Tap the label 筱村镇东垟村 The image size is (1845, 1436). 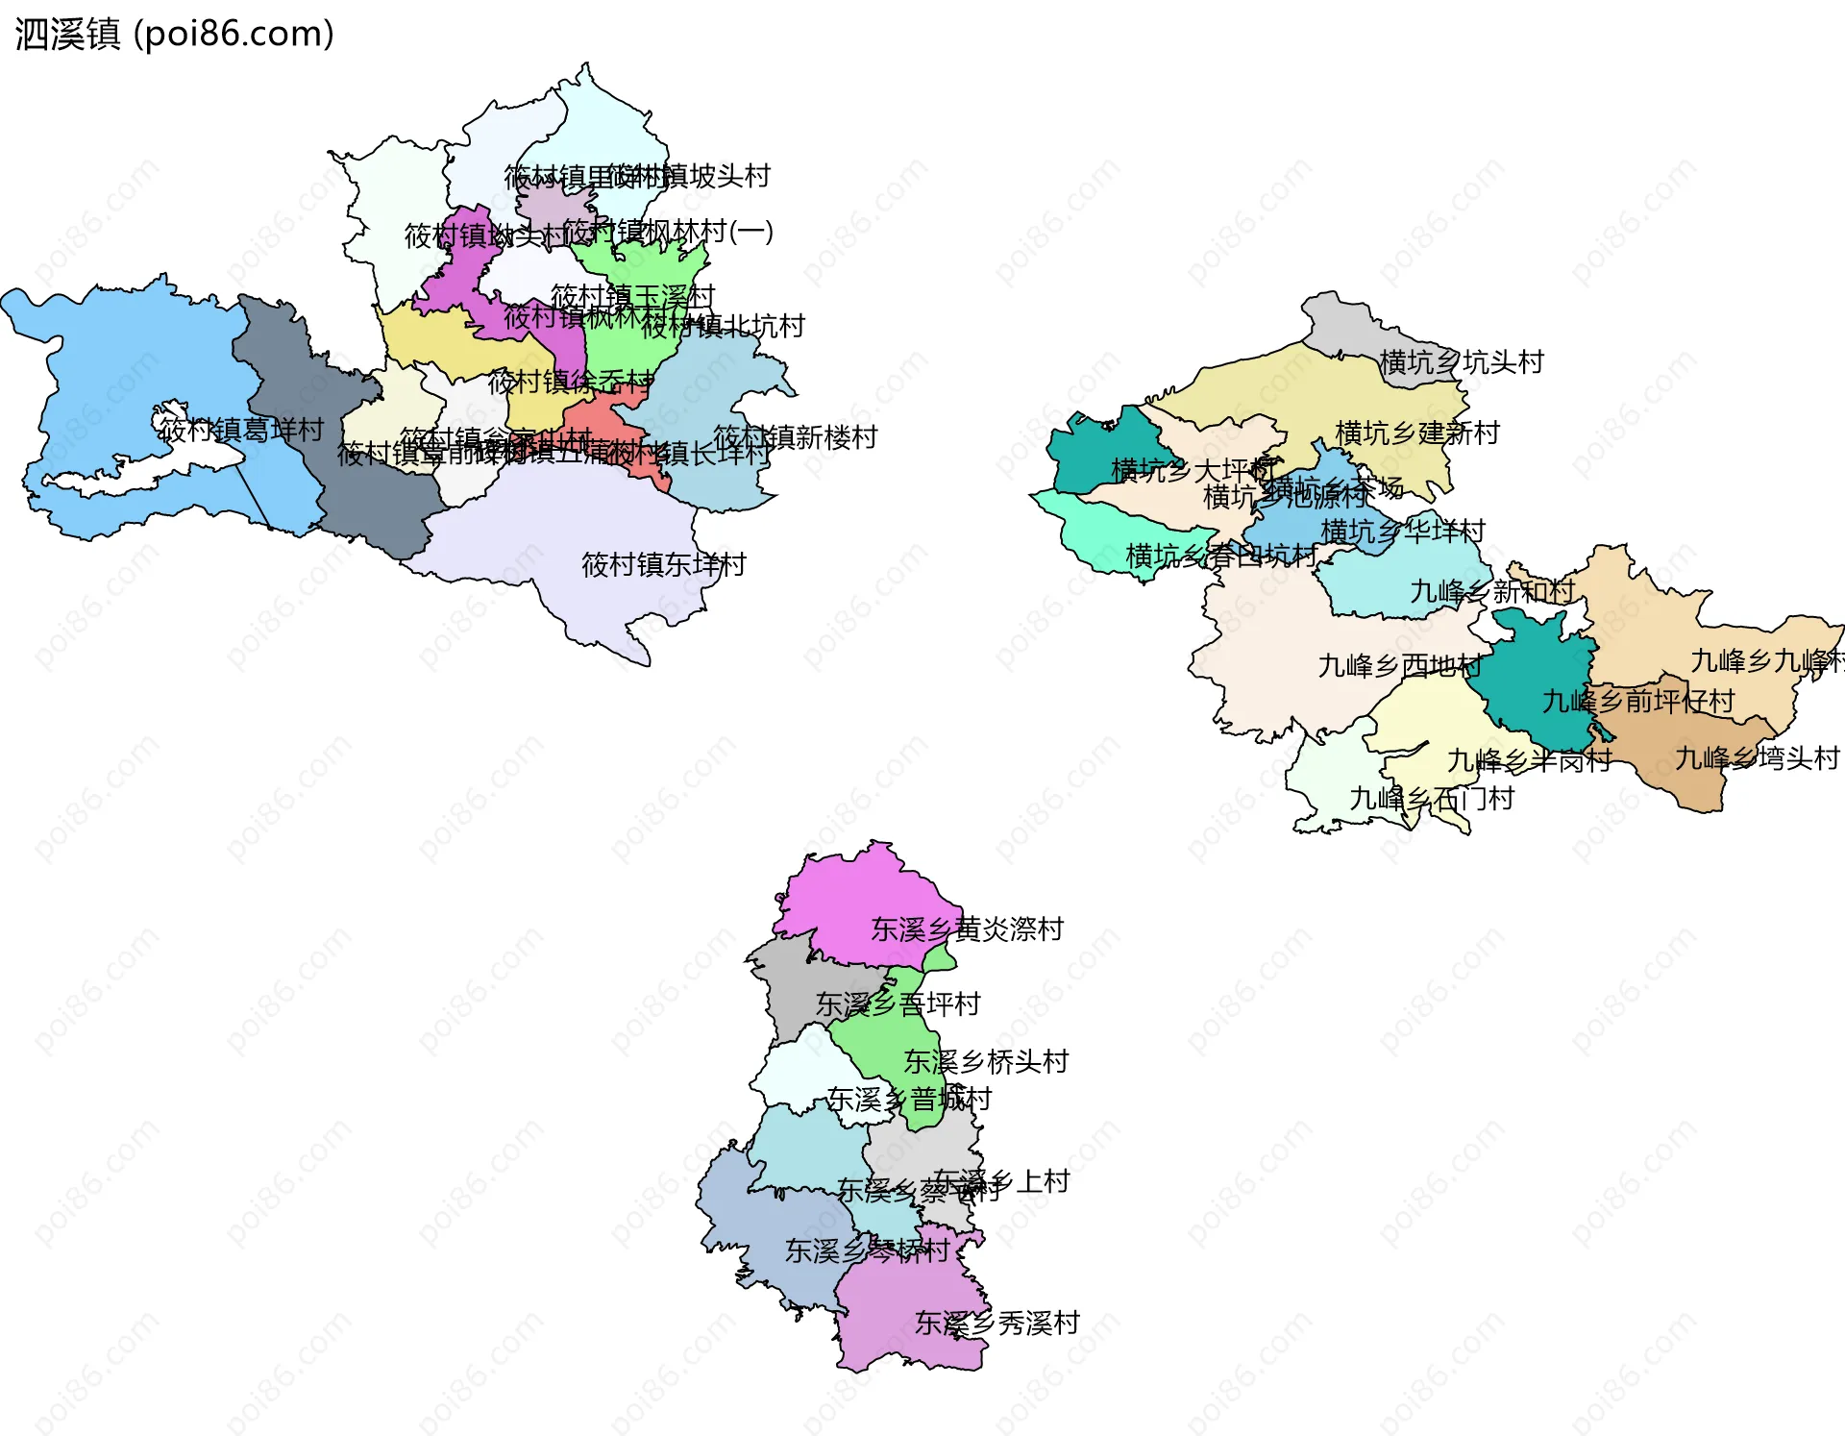pyautogui.click(x=663, y=564)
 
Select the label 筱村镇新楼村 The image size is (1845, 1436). pyautogui.click(x=796, y=437)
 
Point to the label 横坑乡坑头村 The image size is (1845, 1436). pyautogui.click(x=1461, y=362)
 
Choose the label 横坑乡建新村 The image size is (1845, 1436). pyautogui.click(x=1417, y=433)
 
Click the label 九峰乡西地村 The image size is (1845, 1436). pyautogui.click(x=1399, y=665)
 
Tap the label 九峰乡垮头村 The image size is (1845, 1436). pyautogui.click(x=1757, y=758)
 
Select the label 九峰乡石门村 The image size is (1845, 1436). pyautogui.click(x=1432, y=799)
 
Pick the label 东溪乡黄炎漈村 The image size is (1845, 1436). pyautogui.click(x=967, y=929)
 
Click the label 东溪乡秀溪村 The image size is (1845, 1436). pyautogui.click(x=996, y=1324)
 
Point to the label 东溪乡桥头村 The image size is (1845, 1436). pyautogui.click(x=986, y=1062)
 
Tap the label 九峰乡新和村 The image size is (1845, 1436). pyautogui.click(x=1492, y=592)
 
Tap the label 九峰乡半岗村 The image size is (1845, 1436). pyautogui.click(x=1529, y=761)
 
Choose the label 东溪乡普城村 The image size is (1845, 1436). pyautogui.click(x=909, y=1099)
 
